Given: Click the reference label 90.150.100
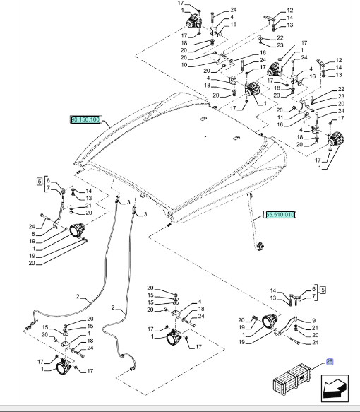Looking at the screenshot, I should click(86, 119).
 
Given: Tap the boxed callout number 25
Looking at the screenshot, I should click(328, 362).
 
